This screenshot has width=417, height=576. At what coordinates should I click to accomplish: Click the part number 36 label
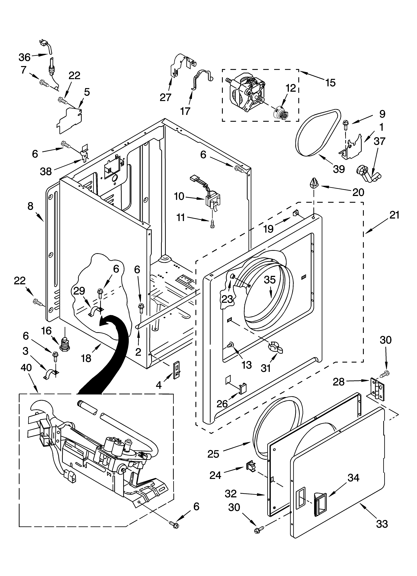(25, 57)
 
